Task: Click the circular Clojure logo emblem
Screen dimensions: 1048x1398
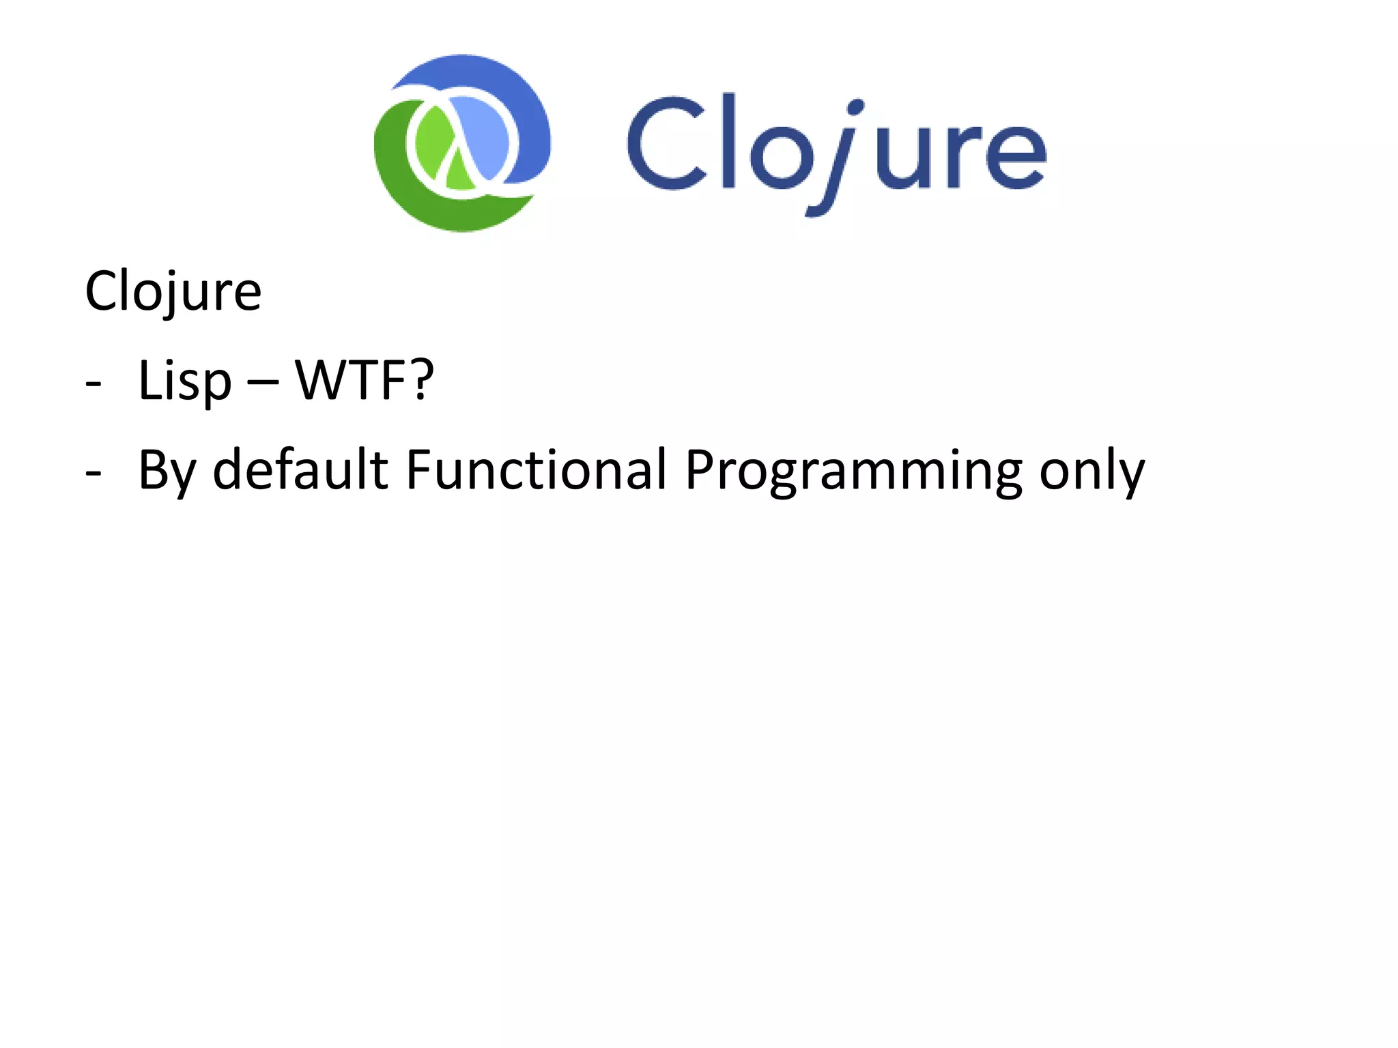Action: click(x=462, y=143)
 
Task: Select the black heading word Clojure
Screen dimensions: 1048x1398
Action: click(x=173, y=291)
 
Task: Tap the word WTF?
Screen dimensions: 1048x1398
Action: click(x=364, y=380)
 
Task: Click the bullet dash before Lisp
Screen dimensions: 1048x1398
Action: click(x=94, y=384)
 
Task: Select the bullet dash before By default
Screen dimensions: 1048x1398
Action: click(x=94, y=473)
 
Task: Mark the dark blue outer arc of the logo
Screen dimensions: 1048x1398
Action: click(x=519, y=102)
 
